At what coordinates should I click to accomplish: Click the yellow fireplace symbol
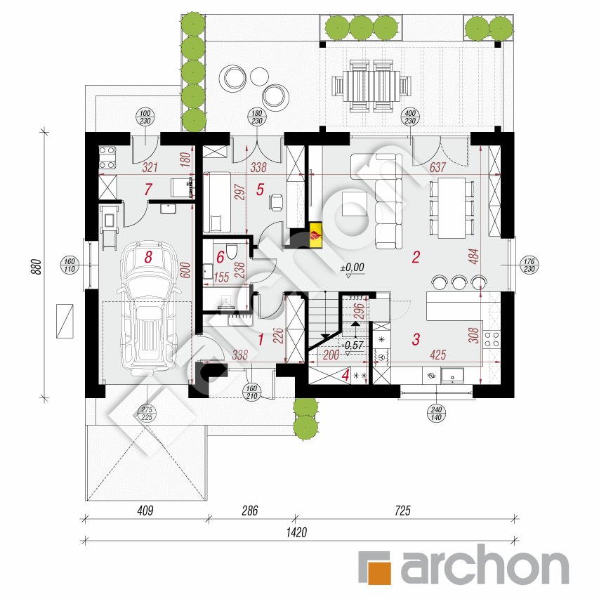point(315,236)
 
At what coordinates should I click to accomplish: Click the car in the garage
point(149,308)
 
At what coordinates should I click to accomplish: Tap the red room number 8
point(148,257)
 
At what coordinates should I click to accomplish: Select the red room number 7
point(148,189)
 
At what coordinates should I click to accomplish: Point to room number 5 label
point(260,190)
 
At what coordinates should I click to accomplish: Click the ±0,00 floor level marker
point(353,268)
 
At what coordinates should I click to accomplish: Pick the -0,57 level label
point(353,345)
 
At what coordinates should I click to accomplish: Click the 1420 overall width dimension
point(296,532)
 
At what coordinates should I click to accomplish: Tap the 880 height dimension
point(36,267)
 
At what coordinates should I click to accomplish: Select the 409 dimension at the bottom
point(145,511)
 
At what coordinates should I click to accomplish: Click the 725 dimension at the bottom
point(402,511)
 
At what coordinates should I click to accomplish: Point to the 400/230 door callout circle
point(410,117)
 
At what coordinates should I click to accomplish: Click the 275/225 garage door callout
point(147,414)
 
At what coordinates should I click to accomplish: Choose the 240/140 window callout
point(436,414)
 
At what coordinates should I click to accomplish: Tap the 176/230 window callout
point(529,265)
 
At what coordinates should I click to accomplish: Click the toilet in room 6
point(232,251)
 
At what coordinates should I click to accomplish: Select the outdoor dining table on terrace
point(371,86)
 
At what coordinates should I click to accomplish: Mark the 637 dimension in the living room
point(437,167)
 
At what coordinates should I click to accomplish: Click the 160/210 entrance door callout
point(251,393)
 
